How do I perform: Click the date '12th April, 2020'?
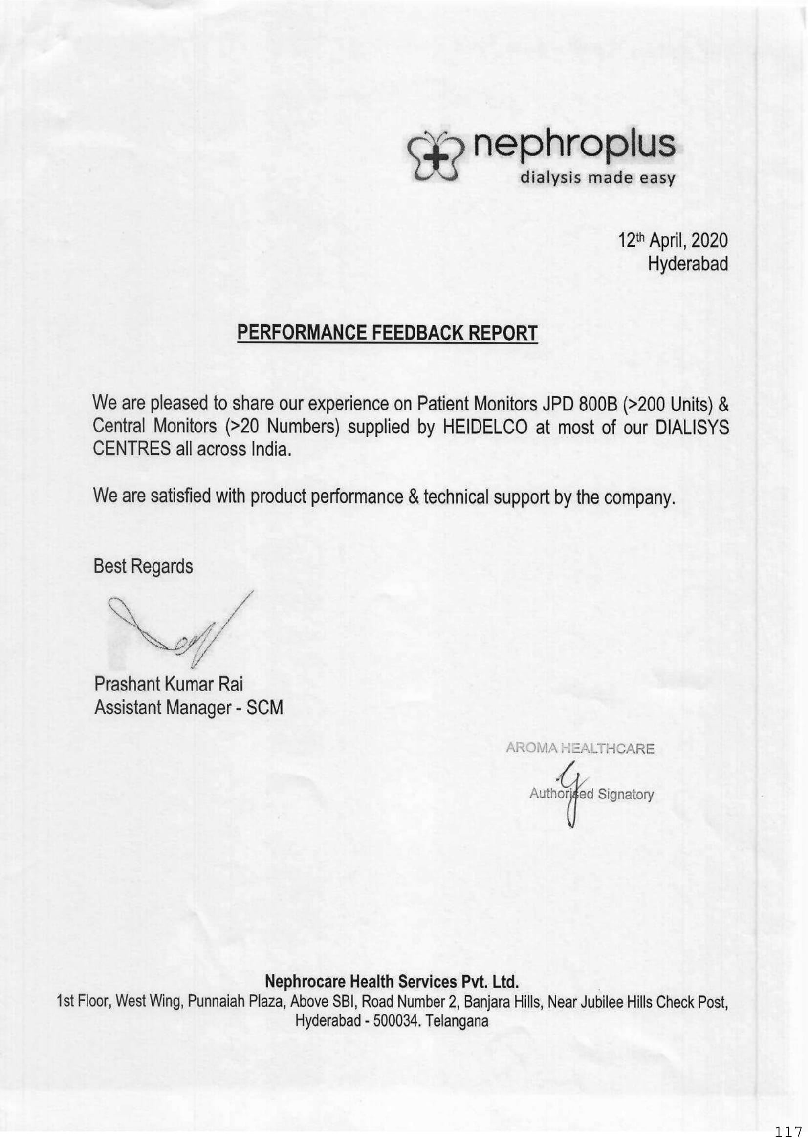(673, 241)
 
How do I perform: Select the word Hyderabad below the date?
(687, 264)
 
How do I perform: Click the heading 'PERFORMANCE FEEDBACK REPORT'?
(387, 333)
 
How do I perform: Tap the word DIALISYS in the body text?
(692, 427)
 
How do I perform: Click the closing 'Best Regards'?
(143, 566)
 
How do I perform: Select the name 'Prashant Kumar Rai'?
(169, 684)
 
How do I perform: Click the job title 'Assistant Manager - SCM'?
(189, 708)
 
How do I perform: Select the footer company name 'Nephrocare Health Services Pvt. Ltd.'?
(392, 981)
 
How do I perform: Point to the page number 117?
(788, 1133)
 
